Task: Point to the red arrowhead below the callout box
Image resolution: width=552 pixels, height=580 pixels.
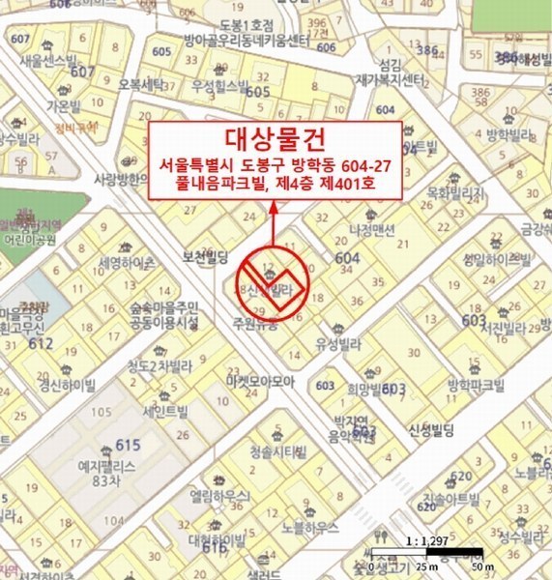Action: tap(274, 205)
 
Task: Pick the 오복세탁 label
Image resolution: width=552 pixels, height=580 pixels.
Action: tap(141, 85)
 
